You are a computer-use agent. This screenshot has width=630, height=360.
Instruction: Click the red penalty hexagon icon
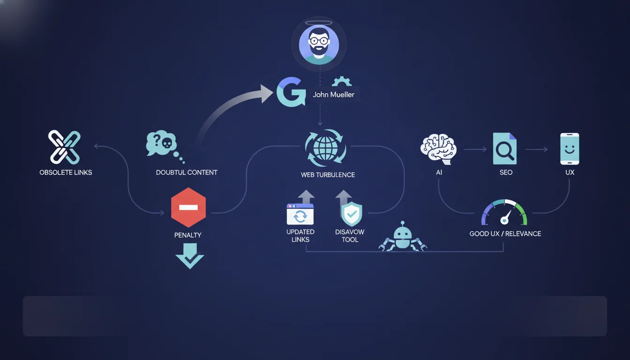(188, 207)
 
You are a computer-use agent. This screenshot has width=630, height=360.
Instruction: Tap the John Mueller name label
(333, 95)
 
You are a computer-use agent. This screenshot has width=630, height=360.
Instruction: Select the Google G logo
(291, 92)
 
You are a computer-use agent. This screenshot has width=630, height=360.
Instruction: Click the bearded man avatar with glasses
(319, 45)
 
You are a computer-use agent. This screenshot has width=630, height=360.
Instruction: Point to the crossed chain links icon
(64, 147)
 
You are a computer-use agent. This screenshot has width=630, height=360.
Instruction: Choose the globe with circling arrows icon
(325, 148)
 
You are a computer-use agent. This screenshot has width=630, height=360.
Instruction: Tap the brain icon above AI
(438, 149)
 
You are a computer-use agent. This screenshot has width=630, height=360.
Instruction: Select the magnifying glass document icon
(505, 149)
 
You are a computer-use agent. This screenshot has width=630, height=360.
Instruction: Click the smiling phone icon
(570, 149)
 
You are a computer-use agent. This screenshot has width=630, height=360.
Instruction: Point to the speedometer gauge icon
(504, 213)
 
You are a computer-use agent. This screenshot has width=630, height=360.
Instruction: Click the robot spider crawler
(403, 237)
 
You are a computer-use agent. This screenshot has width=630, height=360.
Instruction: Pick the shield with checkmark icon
(352, 214)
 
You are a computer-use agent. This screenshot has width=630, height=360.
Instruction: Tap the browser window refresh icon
(300, 214)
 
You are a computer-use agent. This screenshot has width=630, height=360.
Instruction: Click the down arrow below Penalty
(190, 256)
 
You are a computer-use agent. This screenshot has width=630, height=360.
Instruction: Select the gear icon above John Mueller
(342, 81)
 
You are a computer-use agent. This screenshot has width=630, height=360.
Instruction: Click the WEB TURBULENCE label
(328, 175)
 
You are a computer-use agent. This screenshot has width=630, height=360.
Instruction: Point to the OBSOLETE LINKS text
(66, 172)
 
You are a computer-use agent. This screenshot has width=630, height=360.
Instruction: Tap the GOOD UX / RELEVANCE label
(505, 234)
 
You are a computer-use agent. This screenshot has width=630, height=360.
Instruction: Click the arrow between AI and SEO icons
(475, 150)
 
